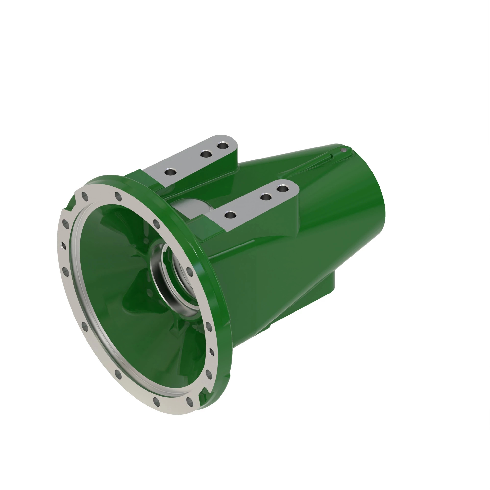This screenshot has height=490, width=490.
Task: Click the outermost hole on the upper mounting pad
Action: [x=222, y=146]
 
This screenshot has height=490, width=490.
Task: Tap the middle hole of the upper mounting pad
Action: [x=206, y=154]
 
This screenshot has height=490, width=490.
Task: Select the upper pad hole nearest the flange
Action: [x=170, y=172]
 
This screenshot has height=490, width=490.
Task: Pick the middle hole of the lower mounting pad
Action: [x=266, y=196]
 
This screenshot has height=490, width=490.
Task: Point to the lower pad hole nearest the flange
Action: [x=230, y=215]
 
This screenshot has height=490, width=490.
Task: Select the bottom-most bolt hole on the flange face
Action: [x=157, y=401]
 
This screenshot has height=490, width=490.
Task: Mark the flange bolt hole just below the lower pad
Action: [x=157, y=224]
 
